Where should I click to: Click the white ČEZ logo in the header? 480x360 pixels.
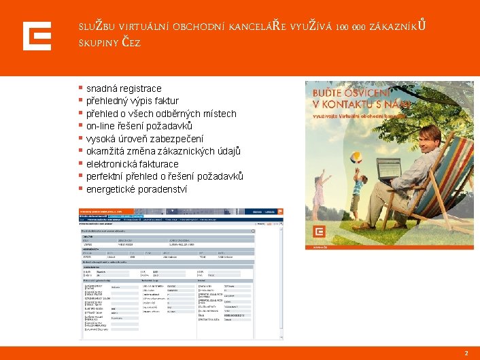click(37, 36)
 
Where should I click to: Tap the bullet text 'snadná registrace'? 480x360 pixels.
click(124, 88)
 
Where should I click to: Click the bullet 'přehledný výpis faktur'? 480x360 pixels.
click(132, 101)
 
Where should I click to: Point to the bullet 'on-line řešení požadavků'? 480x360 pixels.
click(139, 127)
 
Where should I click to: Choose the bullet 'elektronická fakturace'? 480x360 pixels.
click(132, 164)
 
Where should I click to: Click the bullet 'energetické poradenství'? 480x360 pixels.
click(136, 189)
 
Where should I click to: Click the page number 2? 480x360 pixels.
click(466, 353)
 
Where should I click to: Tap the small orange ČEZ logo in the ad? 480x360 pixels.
click(320, 233)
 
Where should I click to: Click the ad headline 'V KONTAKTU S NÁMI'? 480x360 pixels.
click(352, 104)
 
